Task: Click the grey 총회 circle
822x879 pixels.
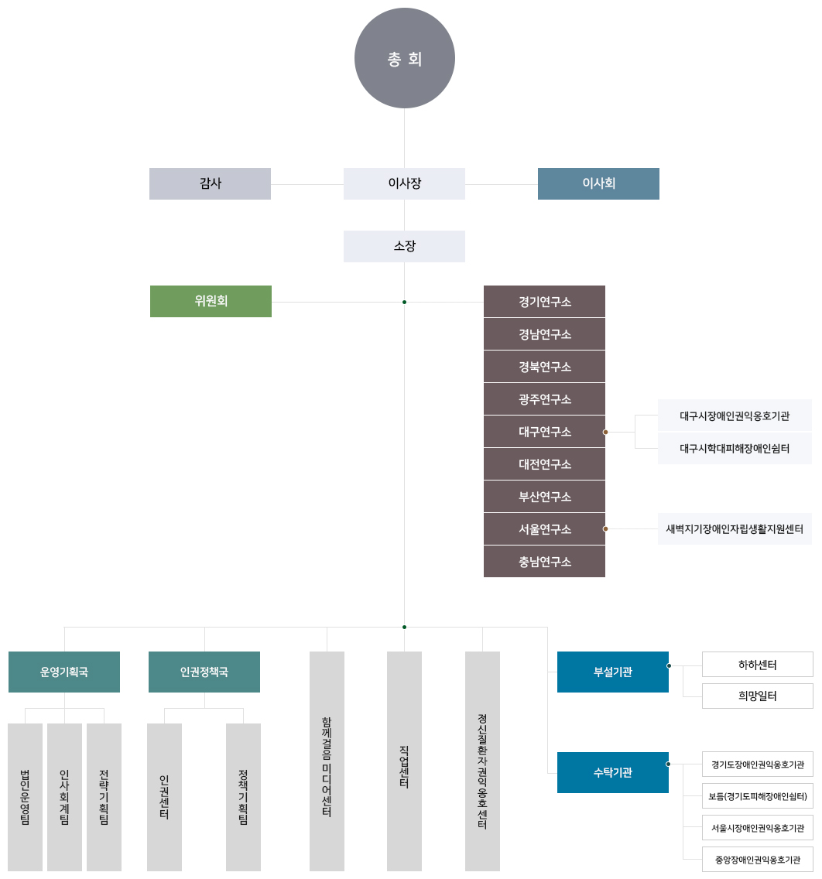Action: click(404, 58)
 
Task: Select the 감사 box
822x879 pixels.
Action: click(210, 183)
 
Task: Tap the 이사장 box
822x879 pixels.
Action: click(404, 183)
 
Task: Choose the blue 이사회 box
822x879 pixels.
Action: click(598, 183)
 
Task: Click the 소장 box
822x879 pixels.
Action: click(404, 246)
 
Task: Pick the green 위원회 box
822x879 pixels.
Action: click(211, 301)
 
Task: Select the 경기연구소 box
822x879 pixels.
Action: click(544, 302)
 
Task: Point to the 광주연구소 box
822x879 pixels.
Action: click(544, 399)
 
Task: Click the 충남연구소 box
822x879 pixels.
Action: click(544, 561)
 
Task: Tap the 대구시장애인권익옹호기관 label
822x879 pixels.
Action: click(735, 416)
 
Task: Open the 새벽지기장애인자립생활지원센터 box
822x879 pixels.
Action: click(735, 528)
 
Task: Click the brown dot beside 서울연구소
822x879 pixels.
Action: click(605, 528)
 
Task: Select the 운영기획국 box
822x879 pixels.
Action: click(64, 672)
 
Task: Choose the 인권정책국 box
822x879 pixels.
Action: click(204, 672)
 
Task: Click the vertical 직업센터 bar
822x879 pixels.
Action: click(404, 761)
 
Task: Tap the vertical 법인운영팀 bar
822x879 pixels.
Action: click(26, 797)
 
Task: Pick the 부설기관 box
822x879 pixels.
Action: click(613, 672)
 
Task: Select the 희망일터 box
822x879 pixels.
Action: click(758, 696)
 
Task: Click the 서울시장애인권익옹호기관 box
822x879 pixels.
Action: click(758, 828)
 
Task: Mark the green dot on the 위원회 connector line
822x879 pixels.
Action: click(404, 302)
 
